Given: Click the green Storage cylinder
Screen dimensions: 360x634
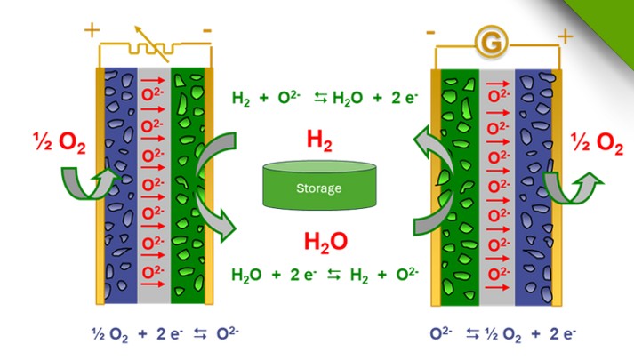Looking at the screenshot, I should pos(317,186).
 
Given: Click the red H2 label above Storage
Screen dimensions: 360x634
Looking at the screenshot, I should pos(317,139).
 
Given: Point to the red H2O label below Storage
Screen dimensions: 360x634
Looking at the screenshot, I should pos(317,241).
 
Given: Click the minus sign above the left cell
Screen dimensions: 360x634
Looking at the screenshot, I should pos(207,30).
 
